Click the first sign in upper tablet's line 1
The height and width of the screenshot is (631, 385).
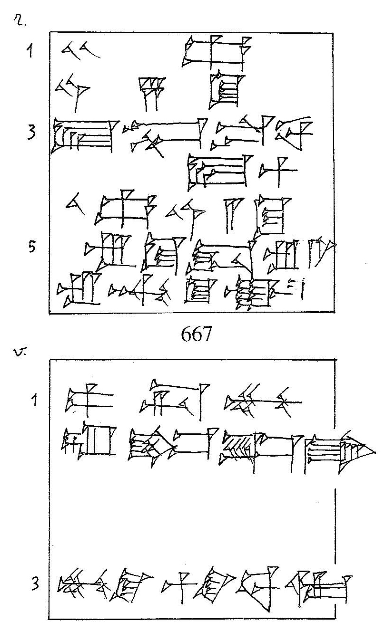79,49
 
